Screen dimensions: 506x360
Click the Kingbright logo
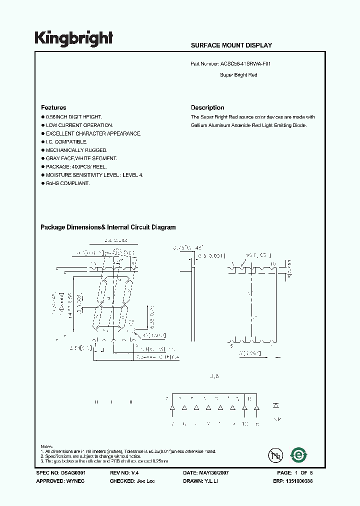pyautogui.click(x=74, y=38)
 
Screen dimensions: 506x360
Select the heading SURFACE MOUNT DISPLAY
pyautogui.click(x=231, y=45)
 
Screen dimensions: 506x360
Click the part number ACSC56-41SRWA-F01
pyautogui.click(x=245, y=64)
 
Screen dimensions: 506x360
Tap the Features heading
pyautogui.click(x=53, y=107)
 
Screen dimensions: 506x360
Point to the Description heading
pyautogui.click(x=207, y=107)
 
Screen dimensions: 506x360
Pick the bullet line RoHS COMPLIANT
pyautogui.click(x=67, y=183)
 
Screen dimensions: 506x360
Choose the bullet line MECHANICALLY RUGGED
pyautogui.click(x=76, y=150)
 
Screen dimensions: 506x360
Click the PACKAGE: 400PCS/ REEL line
pyautogui.click(x=76, y=166)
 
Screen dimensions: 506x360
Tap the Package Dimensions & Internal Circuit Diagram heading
pyautogui.click(x=108, y=227)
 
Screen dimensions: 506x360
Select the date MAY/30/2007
pyautogui.click(x=215, y=472)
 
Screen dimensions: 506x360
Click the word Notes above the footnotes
pyautogui.click(x=46, y=446)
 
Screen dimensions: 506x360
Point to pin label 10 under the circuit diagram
pyautogui.click(x=244, y=424)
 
